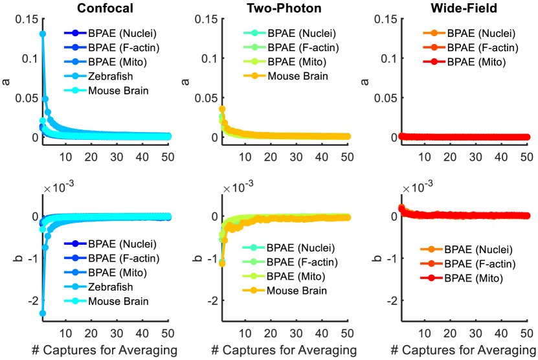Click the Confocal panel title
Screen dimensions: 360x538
(106, 8)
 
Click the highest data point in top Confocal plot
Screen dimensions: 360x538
(43, 34)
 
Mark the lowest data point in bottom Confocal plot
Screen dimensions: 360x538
(43, 313)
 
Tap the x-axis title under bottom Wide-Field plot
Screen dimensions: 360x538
(464, 351)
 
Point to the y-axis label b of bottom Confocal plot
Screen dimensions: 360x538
(8, 258)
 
